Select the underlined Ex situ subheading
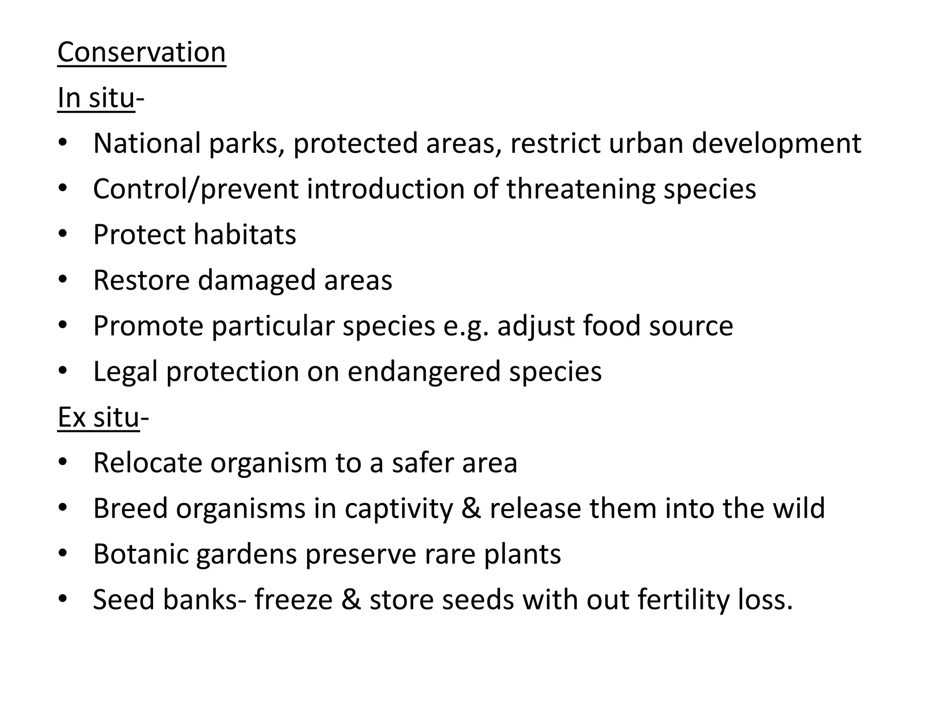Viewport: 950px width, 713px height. [98, 417]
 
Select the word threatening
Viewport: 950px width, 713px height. [580, 189]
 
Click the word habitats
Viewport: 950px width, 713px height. [244, 234]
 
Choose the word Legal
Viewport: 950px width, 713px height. [125, 372]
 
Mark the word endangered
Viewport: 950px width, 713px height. [424, 372]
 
